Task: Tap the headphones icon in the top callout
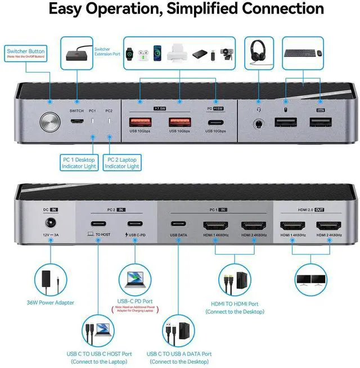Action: (x=258, y=52)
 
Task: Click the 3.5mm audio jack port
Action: (x=259, y=124)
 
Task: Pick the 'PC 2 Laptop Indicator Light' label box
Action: (x=121, y=162)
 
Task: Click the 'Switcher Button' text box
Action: (x=26, y=54)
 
